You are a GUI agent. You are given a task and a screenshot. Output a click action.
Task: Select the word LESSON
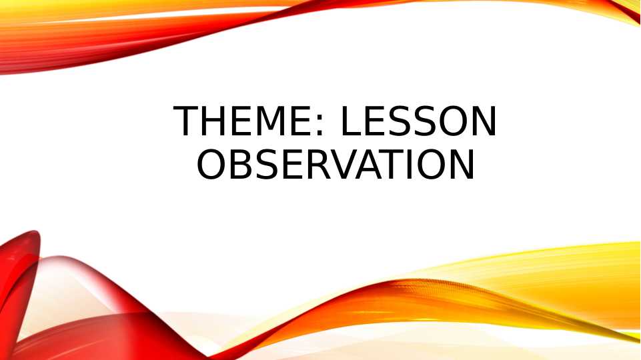click(418, 122)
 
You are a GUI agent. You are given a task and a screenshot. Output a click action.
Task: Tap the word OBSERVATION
click(335, 164)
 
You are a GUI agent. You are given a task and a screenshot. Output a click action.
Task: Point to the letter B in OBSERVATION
click(242, 164)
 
